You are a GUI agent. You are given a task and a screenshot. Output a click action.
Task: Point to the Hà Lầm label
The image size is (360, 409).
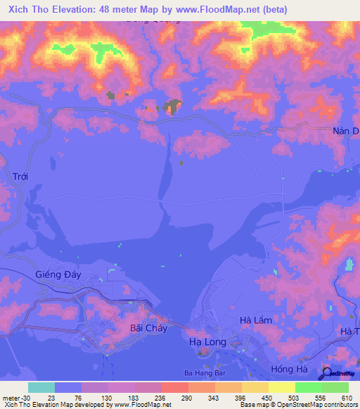coord(255,320)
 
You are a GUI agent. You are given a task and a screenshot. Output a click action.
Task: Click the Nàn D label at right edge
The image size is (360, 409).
coord(345,131)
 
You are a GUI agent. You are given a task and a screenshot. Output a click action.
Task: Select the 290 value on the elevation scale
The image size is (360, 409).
coord(186,398)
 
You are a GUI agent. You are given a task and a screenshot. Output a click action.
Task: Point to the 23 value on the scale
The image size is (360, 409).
coord(51,398)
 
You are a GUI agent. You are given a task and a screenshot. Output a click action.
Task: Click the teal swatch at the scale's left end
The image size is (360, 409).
coord(41,387)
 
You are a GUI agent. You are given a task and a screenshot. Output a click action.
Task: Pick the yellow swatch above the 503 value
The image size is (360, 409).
coord(281,387)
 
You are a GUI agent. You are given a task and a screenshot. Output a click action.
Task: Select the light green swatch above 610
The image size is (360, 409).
coord(335,387)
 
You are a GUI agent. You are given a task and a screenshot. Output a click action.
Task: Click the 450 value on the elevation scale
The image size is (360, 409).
coord(266,398)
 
